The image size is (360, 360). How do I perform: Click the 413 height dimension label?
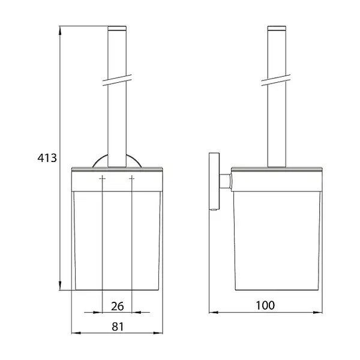point(47,158)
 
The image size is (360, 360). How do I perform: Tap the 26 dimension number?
point(118,306)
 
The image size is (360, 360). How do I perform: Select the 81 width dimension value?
point(118,327)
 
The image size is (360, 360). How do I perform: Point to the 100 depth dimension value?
point(265,305)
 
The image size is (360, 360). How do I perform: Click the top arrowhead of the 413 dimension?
point(60,31)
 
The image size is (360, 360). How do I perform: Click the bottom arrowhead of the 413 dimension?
point(60,286)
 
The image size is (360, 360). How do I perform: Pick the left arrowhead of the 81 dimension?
point(76,332)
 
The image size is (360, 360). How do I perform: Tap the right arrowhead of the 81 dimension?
point(158,332)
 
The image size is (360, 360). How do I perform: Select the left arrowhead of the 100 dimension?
point(214,312)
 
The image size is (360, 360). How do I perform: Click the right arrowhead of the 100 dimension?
point(317,312)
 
